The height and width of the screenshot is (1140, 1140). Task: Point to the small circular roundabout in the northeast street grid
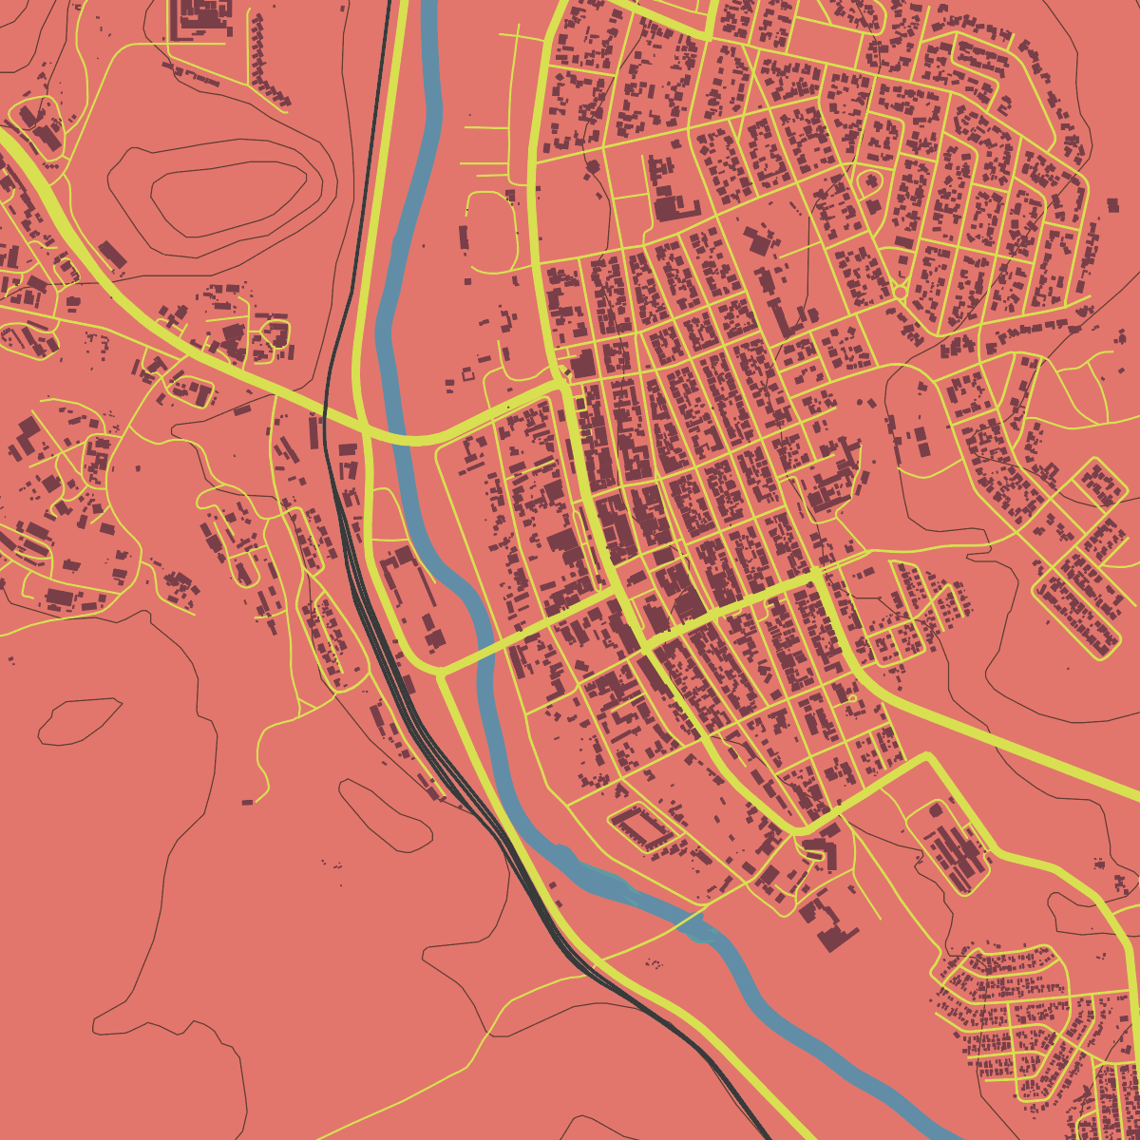coord(899,291)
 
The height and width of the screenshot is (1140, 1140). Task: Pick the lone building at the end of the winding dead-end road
coord(247,802)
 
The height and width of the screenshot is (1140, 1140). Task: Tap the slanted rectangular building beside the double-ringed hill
coord(112,254)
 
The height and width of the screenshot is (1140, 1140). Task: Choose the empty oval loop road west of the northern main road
coord(489,233)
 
